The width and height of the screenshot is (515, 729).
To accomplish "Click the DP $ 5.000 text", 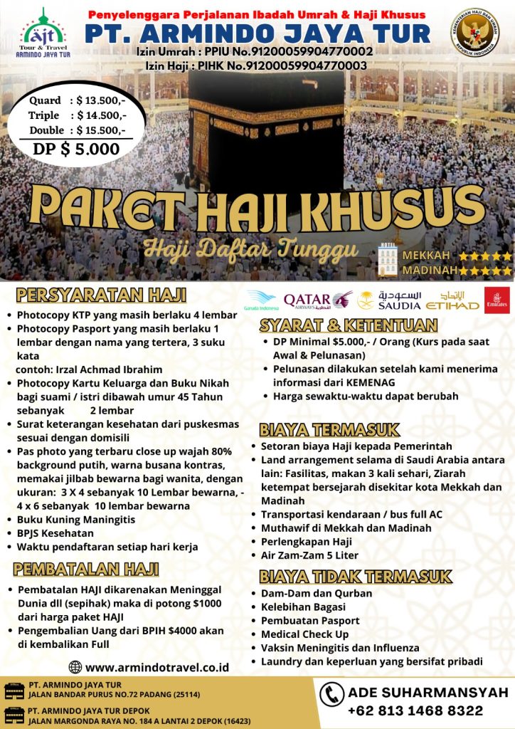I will click(77, 149).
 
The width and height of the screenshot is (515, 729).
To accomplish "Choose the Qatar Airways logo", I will click(317, 300).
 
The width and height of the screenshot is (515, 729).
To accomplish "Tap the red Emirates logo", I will click(496, 300).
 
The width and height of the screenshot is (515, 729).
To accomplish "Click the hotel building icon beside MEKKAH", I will click(388, 259).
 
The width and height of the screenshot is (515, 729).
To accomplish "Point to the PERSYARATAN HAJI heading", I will click(101, 295).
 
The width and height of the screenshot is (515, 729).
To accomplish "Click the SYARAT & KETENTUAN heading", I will click(348, 326).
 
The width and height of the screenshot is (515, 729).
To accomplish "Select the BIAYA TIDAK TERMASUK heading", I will click(356, 575).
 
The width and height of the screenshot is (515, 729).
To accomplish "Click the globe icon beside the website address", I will click(75, 667).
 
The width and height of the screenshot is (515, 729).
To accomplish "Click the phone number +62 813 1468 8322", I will click(415, 710).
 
